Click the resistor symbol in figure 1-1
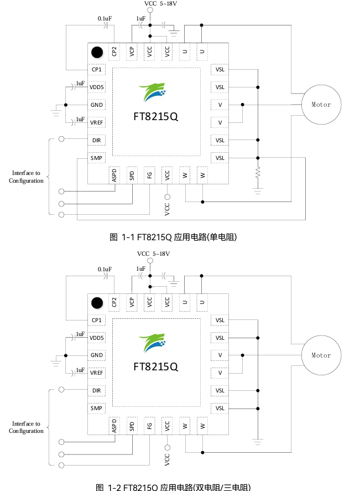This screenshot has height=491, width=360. (x=258, y=174)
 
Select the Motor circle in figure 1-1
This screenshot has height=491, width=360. (x=321, y=105)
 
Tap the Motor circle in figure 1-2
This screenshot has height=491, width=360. (x=321, y=355)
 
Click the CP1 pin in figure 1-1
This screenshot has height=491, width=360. (x=97, y=70)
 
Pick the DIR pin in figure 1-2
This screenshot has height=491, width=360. (x=97, y=390)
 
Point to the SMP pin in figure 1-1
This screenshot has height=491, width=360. (x=97, y=158)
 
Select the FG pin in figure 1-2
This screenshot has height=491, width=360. (x=149, y=426)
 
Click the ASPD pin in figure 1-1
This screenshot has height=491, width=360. (x=114, y=175)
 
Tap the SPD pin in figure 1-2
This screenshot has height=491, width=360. (x=132, y=426)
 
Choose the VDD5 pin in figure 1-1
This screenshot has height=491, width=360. (x=97, y=87)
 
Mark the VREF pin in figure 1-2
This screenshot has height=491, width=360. (x=97, y=373)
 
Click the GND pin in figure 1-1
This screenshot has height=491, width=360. (x=97, y=105)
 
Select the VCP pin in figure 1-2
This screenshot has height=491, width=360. (x=132, y=302)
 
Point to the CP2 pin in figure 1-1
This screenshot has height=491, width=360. (x=114, y=51)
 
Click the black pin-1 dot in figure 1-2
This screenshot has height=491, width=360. (x=97, y=303)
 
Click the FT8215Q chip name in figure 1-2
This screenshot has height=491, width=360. (x=156, y=367)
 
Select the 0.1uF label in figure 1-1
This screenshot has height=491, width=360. (x=105, y=19)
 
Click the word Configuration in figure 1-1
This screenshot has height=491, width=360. (x=26, y=181)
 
